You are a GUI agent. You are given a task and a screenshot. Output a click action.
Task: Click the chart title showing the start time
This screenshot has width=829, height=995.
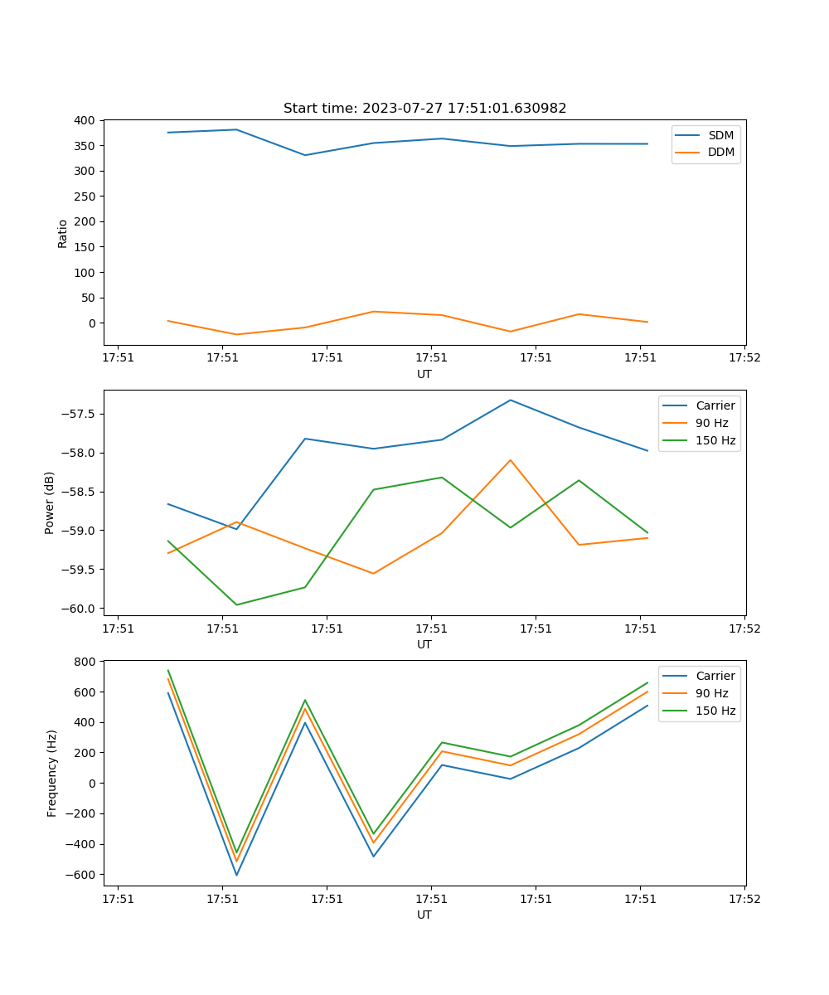(424, 109)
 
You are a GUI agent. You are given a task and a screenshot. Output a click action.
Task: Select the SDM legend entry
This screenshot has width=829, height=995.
(720, 135)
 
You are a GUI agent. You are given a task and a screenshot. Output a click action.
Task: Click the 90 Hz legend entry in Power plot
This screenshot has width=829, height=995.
(712, 423)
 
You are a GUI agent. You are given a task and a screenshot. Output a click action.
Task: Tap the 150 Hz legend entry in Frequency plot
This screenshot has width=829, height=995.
(715, 711)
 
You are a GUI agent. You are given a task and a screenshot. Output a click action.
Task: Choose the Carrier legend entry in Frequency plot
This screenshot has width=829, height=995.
(715, 676)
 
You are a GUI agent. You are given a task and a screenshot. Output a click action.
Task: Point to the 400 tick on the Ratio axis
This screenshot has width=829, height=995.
(84, 120)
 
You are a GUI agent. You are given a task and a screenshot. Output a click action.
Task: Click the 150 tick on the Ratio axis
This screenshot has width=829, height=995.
(84, 247)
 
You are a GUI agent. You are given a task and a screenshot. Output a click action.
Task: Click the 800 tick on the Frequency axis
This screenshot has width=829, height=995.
(84, 662)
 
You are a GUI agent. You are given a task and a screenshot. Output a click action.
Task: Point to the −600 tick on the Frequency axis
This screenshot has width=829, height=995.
(80, 875)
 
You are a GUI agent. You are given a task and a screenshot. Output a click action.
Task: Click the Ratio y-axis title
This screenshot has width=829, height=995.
(63, 234)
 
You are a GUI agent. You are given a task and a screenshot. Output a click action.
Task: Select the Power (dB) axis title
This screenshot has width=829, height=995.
(50, 502)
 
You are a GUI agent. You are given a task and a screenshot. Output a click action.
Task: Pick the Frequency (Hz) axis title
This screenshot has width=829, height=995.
(52, 773)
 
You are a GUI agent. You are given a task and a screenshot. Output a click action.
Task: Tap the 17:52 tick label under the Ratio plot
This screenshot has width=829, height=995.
(744, 358)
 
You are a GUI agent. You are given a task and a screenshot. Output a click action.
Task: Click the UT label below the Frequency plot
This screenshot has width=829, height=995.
(424, 915)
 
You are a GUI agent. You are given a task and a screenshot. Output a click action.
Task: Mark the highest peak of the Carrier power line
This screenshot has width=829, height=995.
(510, 400)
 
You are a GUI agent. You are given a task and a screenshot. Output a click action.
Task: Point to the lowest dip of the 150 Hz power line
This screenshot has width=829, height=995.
(237, 604)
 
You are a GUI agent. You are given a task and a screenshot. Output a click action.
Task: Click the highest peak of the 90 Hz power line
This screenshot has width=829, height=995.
(510, 459)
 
